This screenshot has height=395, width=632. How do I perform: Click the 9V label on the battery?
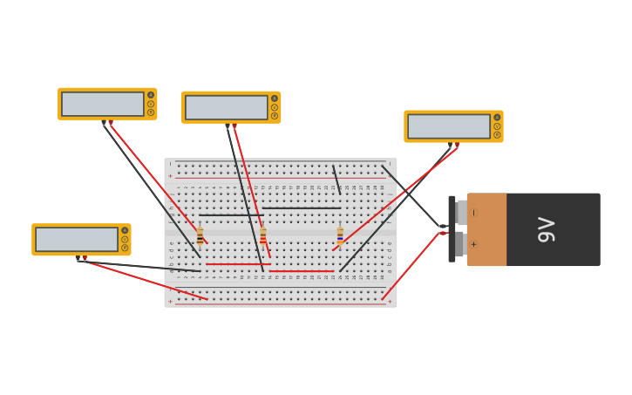tap(547, 229)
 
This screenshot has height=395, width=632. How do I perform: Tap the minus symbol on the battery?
tap(474, 213)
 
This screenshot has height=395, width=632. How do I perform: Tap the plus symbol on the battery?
tap(474, 244)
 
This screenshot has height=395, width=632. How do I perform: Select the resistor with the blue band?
tap(340, 235)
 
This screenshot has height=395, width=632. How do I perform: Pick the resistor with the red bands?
tap(262, 235)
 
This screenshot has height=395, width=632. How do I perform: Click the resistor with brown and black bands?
tap(200, 235)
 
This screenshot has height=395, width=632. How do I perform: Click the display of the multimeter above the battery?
tap(448, 126)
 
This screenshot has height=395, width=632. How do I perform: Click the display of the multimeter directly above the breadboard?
tap(226, 107)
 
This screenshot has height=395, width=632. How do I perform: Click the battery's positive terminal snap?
tap(459, 244)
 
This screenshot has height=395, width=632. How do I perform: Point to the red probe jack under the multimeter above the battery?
tap(457, 145)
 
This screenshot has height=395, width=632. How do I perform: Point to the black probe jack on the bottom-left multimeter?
tap(78, 258)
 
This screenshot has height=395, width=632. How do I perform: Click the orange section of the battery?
tap(486, 229)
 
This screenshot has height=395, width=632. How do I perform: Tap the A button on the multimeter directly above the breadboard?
tap(275, 99)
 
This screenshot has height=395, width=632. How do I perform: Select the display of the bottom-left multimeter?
tap(77, 239)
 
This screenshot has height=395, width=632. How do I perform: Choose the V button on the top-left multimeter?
tap(151, 104)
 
